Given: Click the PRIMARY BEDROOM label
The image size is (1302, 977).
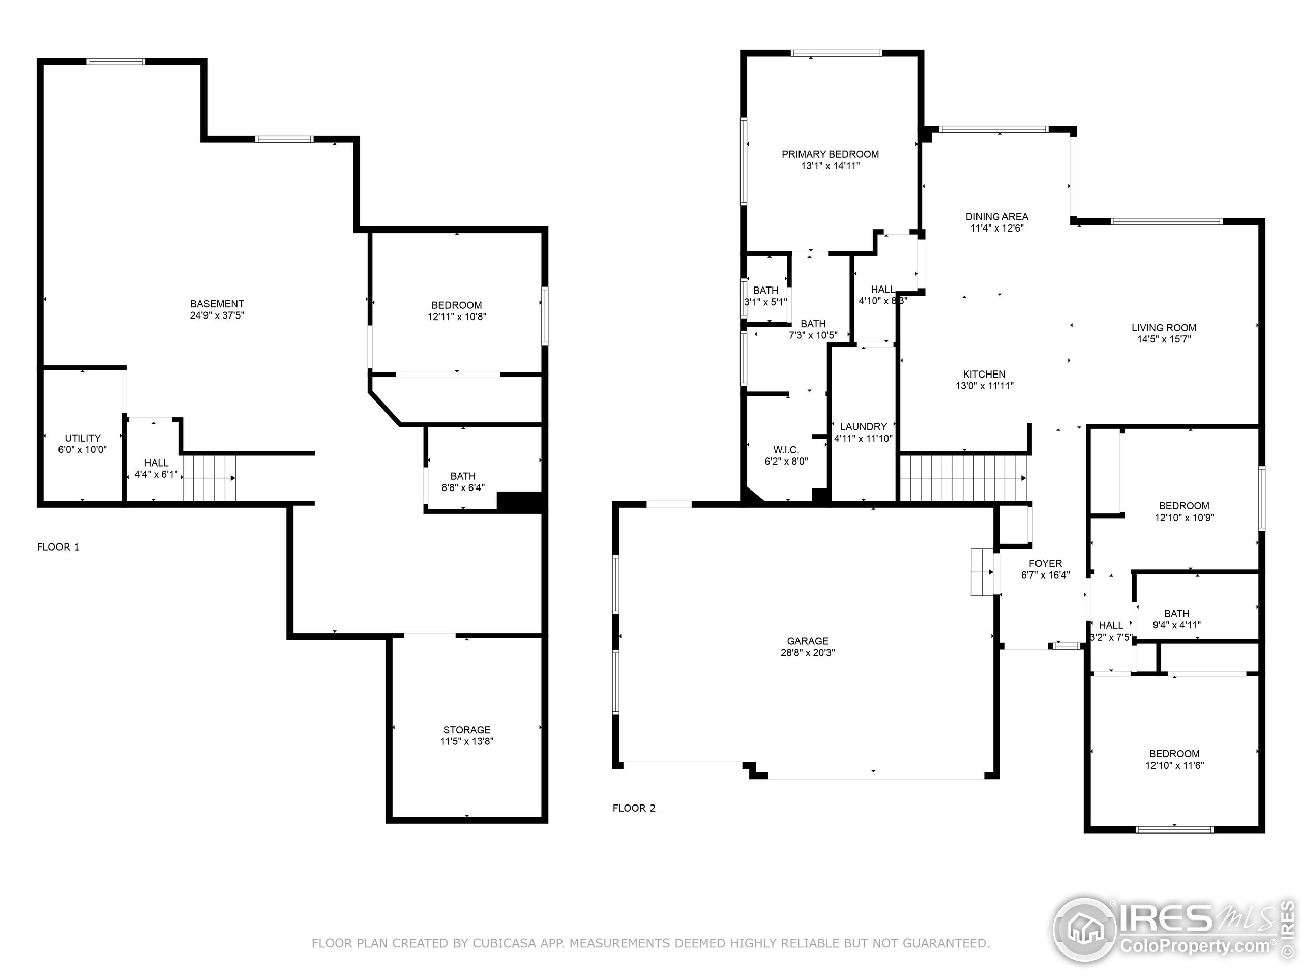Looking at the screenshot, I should pyautogui.click(x=830, y=154).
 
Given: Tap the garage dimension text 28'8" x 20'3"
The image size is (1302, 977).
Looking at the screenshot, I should pyautogui.click(x=808, y=652).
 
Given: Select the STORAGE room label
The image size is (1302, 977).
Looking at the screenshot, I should pyautogui.click(x=467, y=730).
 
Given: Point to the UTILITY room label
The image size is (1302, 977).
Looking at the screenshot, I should pyautogui.click(x=82, y=438).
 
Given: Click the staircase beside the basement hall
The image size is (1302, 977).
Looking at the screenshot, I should pyautogui.click(x=209, y=478).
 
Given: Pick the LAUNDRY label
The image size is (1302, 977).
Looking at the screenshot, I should pyautogui.click(x=863, y=427).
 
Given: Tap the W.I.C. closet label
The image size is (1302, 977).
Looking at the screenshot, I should pyautogui.click(x=786, y=450).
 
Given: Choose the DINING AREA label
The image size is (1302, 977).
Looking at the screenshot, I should pyautogui.click(x=996, y=217).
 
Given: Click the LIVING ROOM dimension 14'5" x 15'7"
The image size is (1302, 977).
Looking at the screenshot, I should pyautogui.click(x=1164, y=339).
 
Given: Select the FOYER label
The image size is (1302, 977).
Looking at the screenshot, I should pyautogui.click(x=1045, y=564).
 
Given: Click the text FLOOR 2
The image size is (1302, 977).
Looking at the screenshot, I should pyautogui.click(x=634, y=808).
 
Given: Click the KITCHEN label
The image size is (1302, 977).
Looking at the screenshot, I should pyautogui.click(x=984, y=375).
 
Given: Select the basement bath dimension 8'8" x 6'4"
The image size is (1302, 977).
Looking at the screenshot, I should pyautogui.click(x=463, y=487).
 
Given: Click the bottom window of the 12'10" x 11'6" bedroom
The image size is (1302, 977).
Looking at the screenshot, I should pyautogui.click(x=1174, y=830).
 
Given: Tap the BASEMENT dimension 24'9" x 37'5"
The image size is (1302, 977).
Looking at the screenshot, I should pyautogui.click(x=217, y=315).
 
